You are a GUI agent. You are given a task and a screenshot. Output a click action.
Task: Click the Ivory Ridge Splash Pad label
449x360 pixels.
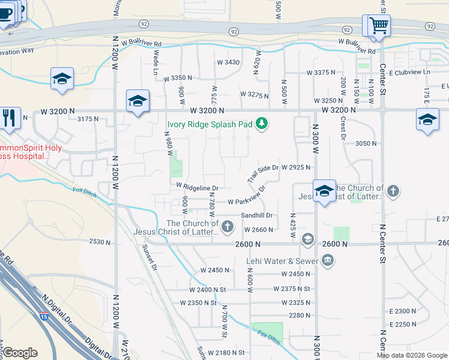[x=209, y=124]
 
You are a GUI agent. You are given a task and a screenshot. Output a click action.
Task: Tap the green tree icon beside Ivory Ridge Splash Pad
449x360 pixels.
[x=261, y=124]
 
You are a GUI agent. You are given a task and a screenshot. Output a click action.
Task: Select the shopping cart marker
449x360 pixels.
[x=378, y=26]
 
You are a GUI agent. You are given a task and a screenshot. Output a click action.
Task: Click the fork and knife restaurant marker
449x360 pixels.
[x=8, y=117]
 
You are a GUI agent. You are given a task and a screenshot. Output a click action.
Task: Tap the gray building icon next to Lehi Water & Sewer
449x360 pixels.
[x=328, y=260]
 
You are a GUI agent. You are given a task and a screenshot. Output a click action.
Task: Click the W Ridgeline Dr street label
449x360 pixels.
[x=197, y=187]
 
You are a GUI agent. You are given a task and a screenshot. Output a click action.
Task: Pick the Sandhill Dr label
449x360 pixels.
[x=257, y=215]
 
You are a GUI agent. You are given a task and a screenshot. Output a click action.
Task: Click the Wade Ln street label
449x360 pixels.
[x=156, y=61]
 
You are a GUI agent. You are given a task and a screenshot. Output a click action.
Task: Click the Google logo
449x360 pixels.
[x=20, y=353]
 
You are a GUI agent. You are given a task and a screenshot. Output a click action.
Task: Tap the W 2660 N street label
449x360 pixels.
[x=259, y=230]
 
